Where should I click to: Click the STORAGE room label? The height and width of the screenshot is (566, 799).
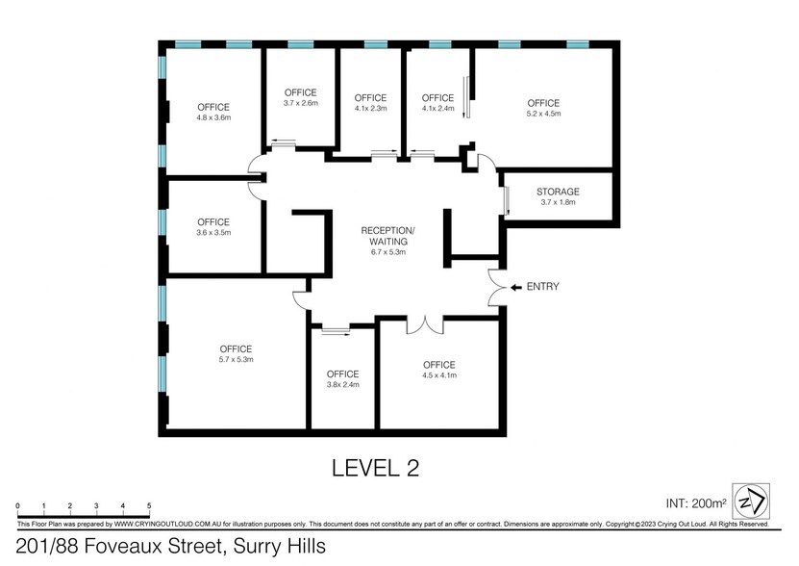(x=558, y=192)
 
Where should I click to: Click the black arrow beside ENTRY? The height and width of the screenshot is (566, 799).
(x=516, y=288)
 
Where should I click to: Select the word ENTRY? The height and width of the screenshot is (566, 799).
(x=542, y=287)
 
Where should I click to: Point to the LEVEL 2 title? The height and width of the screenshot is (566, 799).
(x=376, y=469)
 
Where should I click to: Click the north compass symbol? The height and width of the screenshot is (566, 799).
(x=751, y=502)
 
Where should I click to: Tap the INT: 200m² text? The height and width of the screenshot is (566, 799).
(x=696, y=503)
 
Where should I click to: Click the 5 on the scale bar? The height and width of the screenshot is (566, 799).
(x=149, y=505)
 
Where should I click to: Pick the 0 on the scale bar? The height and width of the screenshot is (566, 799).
(x=18, y=505)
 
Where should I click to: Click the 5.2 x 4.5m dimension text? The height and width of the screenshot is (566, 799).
(x=543, y=114)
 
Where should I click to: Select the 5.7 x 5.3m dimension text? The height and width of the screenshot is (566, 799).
(x=236, y=359)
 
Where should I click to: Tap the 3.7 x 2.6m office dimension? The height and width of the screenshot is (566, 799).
(x=301, y=103)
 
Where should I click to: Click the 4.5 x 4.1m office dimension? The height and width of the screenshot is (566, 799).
(x=439, y=375)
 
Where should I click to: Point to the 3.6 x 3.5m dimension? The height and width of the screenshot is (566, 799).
(x=213, y=233)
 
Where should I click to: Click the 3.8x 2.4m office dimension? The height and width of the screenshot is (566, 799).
(x=343, y=385)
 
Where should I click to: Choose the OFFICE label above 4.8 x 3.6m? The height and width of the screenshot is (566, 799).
(x=213, y=107)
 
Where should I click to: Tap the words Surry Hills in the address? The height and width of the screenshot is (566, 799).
(x=279, y=546)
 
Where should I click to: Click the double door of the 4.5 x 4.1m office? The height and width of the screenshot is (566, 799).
(x=425, y=325)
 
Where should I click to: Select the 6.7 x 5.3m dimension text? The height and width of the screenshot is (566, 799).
(x=388, y=252)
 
